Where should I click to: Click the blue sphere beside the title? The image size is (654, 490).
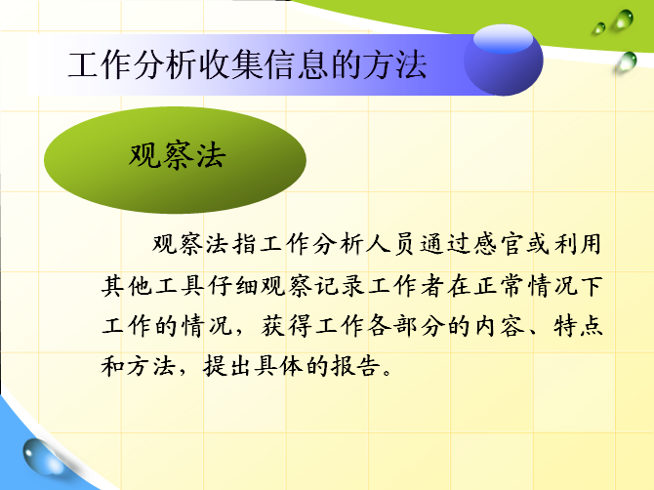(x=504, y=61)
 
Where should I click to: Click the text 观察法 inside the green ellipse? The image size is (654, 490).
(x=178, y=155)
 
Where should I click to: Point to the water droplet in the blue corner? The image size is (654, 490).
(x=43, y=457)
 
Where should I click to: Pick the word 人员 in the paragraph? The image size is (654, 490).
(x=389, y=244)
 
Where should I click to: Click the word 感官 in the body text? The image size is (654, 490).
(x=497, y=244)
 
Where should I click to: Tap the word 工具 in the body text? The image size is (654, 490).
(x=180, y=286)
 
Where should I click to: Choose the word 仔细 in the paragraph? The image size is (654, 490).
(x=233, y=286)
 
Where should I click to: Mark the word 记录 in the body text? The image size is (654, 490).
(x=340, y=286)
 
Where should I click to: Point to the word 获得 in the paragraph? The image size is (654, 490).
(x=286, y=326)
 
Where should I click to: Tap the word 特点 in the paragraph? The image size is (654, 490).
(x=578, y=326)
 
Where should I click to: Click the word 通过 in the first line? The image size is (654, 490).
(x=443, y=244)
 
